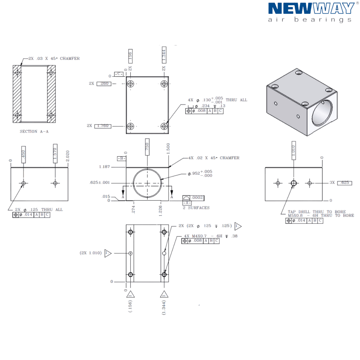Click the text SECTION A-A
tap(34, 131)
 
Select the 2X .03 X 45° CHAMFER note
tap(54, 59)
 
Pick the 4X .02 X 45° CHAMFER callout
tap(213, 158)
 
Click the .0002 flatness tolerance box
tap(197, 198)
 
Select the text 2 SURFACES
tap(196, 208)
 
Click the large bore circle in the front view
tap(147, 182)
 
